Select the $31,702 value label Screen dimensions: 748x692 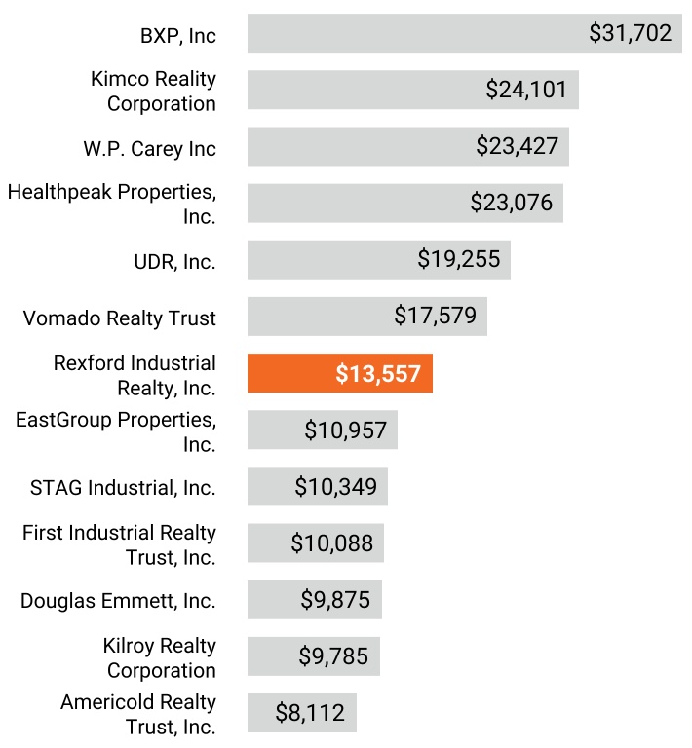click(x=631, y=33)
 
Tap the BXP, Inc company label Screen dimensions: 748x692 click(x=177, y=36)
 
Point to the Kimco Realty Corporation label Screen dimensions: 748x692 click(x=153, y=91)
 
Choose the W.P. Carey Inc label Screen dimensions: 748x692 click(x=149, y=149)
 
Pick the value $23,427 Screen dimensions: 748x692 click(x=518, y=146)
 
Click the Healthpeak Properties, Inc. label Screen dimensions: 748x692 click(x=112, y=204)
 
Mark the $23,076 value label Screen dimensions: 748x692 click(x=511, y=203)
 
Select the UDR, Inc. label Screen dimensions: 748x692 click(x=174, y=262)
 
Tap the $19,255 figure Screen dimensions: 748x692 click(x=458, y=259)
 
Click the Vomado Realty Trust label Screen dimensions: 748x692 click(x=120, y=318)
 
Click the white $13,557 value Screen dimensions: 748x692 click(x=378, y=374)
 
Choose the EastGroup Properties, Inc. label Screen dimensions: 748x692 click(x=116, y=431)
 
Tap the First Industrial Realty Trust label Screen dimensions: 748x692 click(x=119, y=544)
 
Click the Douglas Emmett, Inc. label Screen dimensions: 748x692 click(x=118, y=601)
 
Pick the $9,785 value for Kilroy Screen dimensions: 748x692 click(x=333, y=656)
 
